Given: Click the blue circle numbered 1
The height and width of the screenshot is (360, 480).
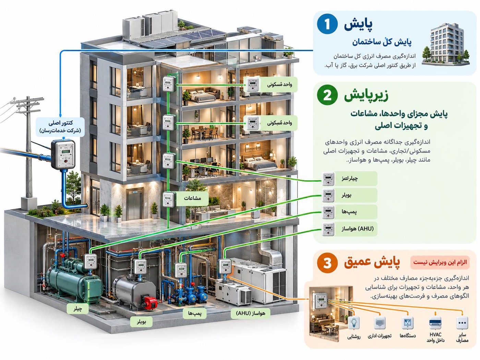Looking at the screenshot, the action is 327,24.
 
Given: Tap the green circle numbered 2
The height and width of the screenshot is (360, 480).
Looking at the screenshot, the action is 327,95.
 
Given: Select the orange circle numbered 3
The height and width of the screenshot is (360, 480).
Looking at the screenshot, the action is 327,263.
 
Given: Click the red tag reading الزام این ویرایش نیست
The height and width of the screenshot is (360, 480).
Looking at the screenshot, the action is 440,262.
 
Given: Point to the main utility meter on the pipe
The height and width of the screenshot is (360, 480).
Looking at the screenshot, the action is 63,155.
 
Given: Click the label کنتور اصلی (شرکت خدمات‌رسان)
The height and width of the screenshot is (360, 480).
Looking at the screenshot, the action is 60,127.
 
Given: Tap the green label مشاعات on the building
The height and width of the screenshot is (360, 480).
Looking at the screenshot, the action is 192,199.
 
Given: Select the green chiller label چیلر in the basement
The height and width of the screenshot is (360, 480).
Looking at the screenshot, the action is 78,309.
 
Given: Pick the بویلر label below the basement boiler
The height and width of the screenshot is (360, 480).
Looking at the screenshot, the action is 141,322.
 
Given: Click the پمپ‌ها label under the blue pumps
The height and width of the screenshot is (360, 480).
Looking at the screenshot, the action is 195,313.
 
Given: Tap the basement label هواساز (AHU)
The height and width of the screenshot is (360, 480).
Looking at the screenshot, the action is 251,313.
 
